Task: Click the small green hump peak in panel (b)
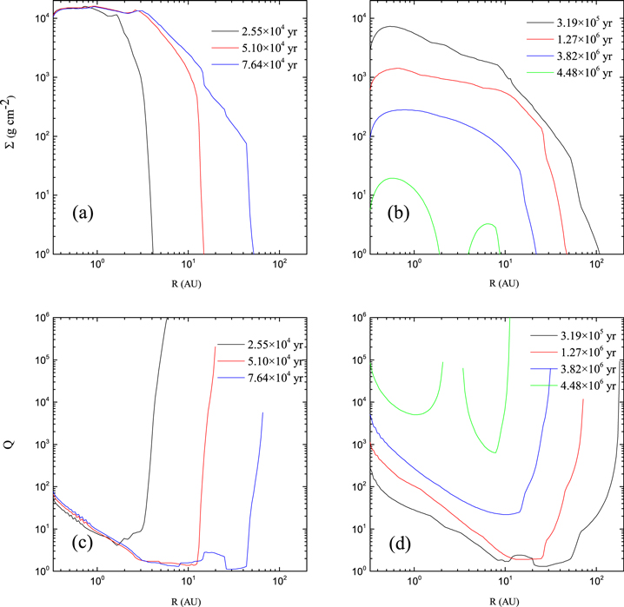[x=492, y=224]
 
